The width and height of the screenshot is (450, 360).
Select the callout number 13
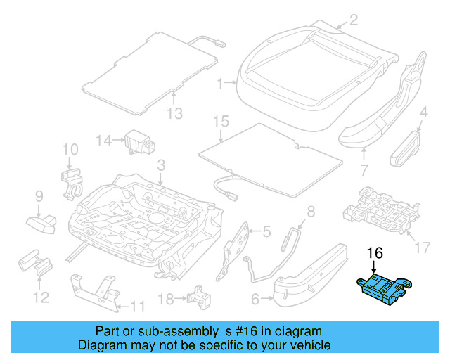click(174, 114)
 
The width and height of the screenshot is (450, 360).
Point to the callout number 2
click(353, 20)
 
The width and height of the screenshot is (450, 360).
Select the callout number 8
click(311, 210)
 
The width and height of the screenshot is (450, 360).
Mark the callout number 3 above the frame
click(160, 166)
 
